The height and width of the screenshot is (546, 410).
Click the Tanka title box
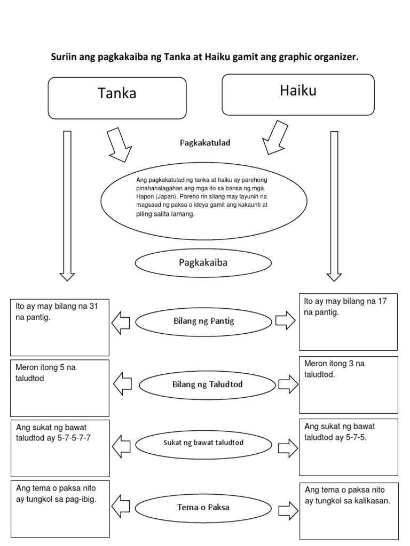tap(117, 98)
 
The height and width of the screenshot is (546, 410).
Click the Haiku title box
tap(298, 94)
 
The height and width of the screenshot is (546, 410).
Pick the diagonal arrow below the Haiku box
tap(275, 137)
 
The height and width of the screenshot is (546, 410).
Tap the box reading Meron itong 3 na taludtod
tap(348, 384)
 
